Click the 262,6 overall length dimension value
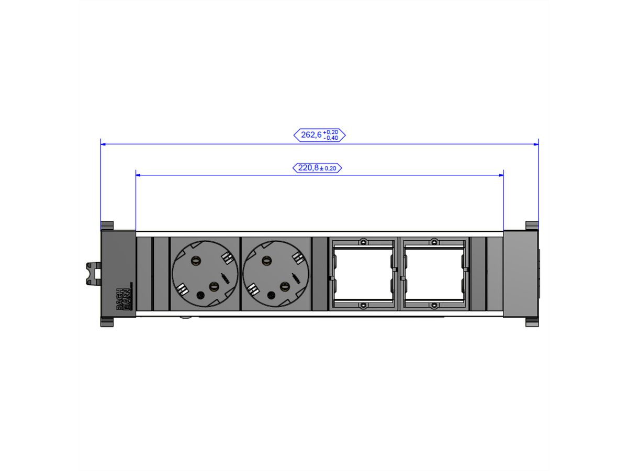point(311,135)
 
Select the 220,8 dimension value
point(308,168)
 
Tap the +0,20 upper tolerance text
point(330,132)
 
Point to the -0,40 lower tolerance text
point(330,138)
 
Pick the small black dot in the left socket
point(199,295)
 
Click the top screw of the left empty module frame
point(362,242)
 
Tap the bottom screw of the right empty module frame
point(434,305)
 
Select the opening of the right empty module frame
point(434,274)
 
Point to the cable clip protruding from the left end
point(93,274)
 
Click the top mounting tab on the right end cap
point(532,226)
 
